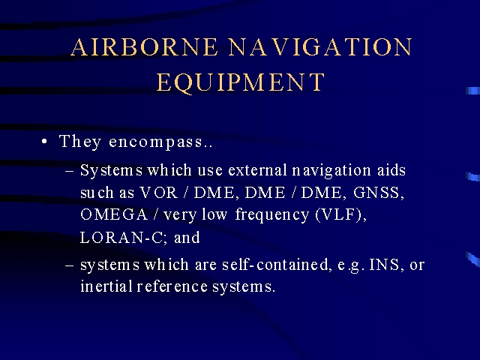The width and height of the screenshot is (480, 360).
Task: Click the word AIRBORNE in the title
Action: pos(144,47)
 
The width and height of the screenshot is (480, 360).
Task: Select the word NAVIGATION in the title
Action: pos(320,47)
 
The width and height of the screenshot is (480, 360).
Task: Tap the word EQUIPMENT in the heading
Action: pos(241,82)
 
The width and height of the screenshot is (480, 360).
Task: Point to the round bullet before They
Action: pos(45,142)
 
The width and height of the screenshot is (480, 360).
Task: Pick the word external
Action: pos(257,170)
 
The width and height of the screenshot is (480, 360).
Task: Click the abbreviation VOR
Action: pos(158,193)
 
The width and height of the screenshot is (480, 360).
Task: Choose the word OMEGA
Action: pos(114,214)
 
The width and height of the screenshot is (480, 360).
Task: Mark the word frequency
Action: pos(272,215)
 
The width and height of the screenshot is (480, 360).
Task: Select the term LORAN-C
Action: pos(121,238)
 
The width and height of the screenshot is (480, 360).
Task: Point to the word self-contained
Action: pos(275,265)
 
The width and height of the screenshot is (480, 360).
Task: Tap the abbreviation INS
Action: pos(384,265)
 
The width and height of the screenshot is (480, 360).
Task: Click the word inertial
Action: pos(106,286)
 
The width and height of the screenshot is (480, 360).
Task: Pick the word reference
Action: pos(172,286)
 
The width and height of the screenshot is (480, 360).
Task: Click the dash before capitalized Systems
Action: pos(70,171)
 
